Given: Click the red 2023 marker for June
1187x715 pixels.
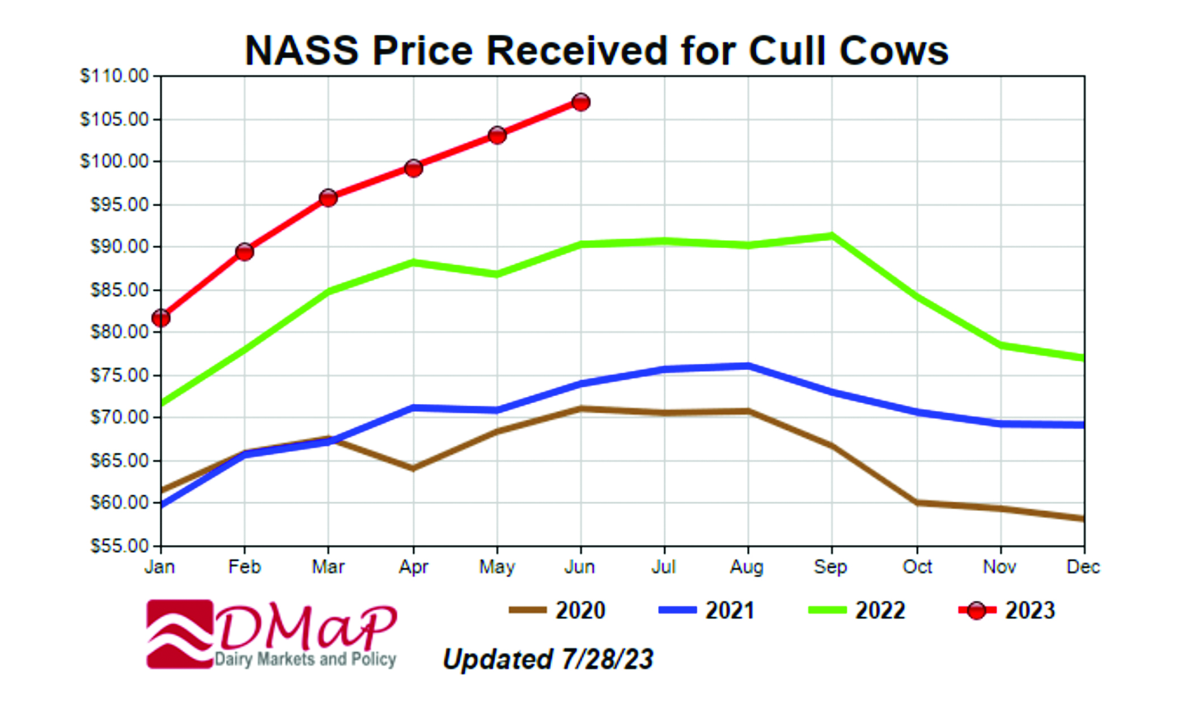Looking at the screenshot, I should click(x=580, y=103).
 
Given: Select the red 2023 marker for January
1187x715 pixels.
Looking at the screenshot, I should click(x=161, y=318).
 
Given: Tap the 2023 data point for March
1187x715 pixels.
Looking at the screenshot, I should click(x=328, y=198).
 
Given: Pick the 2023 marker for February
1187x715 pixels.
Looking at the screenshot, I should click(x=244, y=252).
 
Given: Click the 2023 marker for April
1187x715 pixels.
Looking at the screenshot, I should click(x=413, y=168).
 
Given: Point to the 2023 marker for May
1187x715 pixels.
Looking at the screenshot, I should click(x=497, y=136).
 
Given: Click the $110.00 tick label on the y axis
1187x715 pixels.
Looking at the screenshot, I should click(x=114, y=76).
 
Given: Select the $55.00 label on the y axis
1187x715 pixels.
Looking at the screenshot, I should click(x=119, y=546).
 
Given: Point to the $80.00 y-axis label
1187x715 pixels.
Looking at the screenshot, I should click(x=119, y=332).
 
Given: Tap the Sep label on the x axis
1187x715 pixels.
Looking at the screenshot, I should click(x=830, y=567).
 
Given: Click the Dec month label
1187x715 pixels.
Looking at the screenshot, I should click(x=1083, y=567).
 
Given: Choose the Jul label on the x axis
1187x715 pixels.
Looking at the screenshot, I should click(x=663, y=567).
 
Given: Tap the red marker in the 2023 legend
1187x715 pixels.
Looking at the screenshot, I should click(x=976, y=611).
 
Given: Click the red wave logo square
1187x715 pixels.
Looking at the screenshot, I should click(x=180, y=634).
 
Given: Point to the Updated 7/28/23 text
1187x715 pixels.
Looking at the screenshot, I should click(x=548, y=659).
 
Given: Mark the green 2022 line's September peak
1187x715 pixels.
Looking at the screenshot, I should click(x=832, y=235).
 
